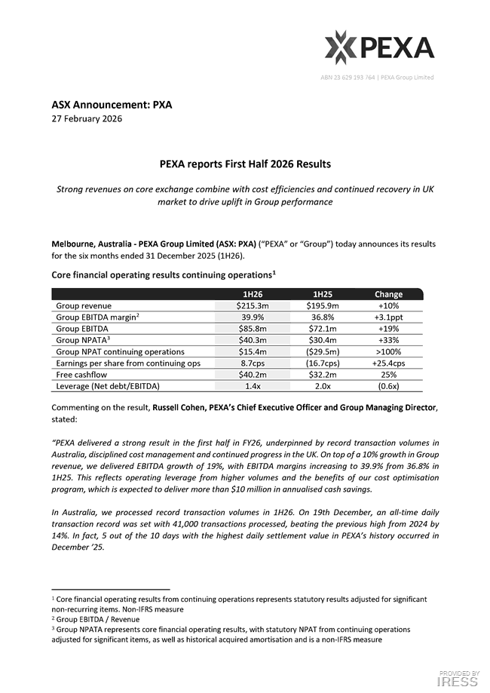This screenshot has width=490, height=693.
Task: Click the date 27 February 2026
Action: (87, 118)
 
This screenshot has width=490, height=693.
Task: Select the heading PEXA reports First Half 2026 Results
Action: (244, 164)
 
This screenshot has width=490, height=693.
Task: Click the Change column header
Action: (388, 294)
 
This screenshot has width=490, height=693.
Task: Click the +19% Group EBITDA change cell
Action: (388, 329)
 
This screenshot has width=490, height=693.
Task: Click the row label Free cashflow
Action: (82, 375)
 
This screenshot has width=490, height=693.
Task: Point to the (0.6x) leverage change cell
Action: (388, 386)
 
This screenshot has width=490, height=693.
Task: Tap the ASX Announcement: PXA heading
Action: (112, 105)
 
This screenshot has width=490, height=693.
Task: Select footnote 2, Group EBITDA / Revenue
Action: (96, 619)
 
